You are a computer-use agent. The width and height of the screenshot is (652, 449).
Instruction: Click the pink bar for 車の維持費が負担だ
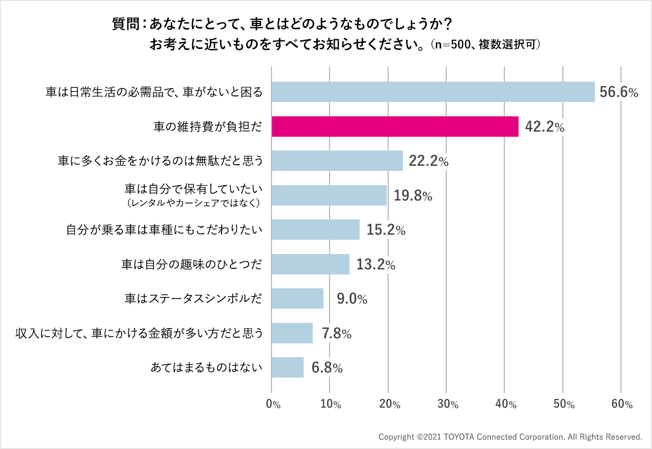tap(395, 127)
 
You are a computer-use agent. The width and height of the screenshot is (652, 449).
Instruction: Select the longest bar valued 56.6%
tap(433, 92)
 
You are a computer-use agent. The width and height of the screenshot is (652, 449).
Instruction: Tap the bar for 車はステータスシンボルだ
tap(297, 298)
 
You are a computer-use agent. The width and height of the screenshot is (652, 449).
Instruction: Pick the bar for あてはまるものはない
tap(287, 367)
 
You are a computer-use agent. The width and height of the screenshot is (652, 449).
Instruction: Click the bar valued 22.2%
tap(337, 161)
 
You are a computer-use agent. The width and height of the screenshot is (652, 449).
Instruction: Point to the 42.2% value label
tap(544, 127)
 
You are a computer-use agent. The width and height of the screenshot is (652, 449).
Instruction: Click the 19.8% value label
tap(413, 196)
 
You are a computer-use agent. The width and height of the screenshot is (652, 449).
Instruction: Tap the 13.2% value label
tap(375, 265)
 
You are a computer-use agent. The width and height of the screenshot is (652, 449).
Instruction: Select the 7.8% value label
tap(337, 334)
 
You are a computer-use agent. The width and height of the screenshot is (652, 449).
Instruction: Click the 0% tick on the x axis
tap(273, 405)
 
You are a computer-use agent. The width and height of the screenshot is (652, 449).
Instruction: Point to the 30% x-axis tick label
tap(447, 405)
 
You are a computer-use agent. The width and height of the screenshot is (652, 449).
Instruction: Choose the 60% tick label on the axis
tap(621, 405)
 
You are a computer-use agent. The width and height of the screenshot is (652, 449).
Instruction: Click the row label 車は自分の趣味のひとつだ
tap(192, 264)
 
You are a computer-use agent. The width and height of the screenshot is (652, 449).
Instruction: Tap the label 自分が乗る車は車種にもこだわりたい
tap(165, 230)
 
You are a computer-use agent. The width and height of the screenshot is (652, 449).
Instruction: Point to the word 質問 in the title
tap(124, 24)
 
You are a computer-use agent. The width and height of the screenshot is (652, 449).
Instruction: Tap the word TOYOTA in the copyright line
tap(460, 437)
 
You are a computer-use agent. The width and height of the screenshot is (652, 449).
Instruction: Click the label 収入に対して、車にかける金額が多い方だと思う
tap(139, 333)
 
